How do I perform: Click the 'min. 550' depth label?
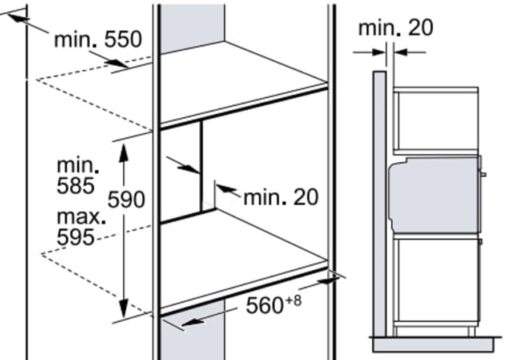click(98, 39)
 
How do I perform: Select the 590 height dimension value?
click(126, 199)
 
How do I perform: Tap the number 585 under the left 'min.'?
click(76, 186)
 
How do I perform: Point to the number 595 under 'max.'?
click(76, 237)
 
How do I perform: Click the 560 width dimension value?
click(265, 305)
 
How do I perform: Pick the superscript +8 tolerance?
click(293, 301)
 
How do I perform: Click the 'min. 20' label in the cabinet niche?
click(281, 197)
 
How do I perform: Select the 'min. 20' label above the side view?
click(396, 28)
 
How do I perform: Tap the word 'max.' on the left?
click(81, 217)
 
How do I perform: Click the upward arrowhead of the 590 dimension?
click(124, 152)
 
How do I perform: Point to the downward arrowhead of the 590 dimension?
click(124, 309)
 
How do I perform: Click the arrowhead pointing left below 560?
click(192, 322)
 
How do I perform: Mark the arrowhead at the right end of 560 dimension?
click(328, 281)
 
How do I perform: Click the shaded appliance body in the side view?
click(435, 195)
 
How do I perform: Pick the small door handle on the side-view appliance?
click(484, 174)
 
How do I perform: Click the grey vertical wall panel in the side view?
click(380, 204)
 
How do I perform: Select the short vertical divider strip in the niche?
click(201, 166)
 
